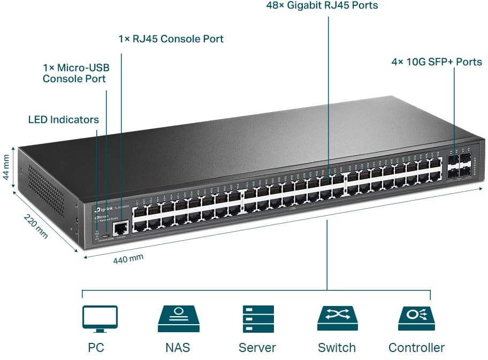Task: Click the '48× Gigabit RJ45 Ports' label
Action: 322,6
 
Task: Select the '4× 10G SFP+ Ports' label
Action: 437,62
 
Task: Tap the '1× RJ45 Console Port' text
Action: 171,39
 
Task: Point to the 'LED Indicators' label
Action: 63,120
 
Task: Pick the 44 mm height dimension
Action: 6,167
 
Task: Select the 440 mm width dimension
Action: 128,259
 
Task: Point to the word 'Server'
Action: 257,348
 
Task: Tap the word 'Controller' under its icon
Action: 416,348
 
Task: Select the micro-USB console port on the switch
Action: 106,235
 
